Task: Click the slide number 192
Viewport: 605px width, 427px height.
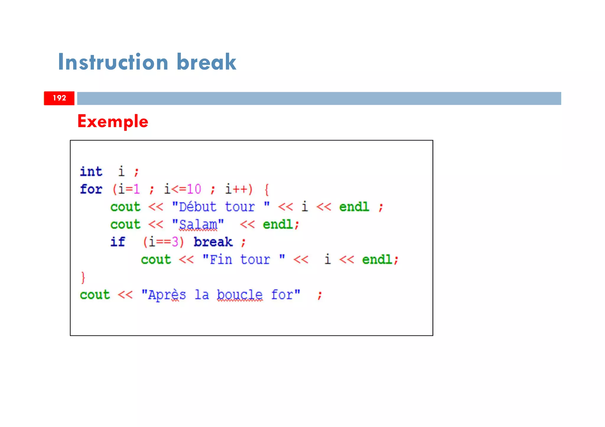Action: [59, 98]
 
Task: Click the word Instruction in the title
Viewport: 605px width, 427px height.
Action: [113, 62]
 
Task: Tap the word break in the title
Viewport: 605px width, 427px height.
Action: [206, 62]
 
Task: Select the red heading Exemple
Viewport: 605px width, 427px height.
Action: [113, 121]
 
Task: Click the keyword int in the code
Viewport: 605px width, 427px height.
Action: [91, 171]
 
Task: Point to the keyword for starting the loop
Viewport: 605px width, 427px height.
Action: [91, 189]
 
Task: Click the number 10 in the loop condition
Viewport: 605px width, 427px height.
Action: [194, 189]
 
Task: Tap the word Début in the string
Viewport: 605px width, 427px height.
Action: [198, 207]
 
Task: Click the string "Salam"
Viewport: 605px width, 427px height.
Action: [198, 225]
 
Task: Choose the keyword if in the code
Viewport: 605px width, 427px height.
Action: [118, 242]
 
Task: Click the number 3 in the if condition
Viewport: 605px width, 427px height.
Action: [175, 242]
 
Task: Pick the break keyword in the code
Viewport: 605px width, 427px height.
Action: [213, 242]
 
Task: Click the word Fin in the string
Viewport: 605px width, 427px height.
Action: [221, 260]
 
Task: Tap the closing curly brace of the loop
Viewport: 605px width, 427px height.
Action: [83, 277]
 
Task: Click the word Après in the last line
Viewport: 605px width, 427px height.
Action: [167, 295]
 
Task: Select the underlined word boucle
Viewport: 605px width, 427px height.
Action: [240, 295]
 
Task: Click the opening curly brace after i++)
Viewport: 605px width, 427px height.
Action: [266, 189]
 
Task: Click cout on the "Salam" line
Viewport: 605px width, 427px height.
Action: [125, 225]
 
